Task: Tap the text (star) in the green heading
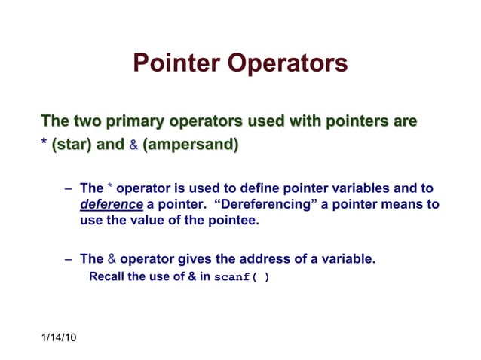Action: coord(72,143)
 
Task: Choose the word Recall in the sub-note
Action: coord(107,276)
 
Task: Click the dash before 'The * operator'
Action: coord(69,188)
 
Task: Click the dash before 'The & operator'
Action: coord(69,259)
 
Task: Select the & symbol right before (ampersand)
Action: coord(133,143)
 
